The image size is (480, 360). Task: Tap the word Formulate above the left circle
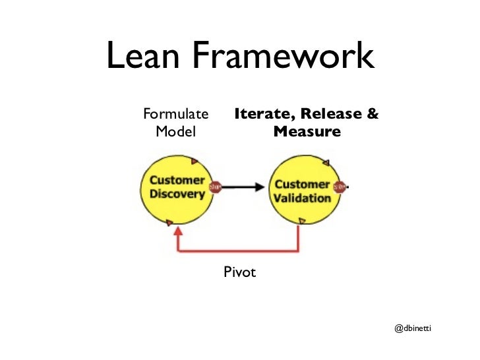tap(175, 115)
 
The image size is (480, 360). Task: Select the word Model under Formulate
tap(175, 132)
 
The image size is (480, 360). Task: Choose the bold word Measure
tap(307, 132)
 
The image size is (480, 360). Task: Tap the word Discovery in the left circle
tap(177, 194)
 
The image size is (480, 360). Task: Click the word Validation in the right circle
tap(302, 198)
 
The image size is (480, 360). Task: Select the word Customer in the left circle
tap(176, 181)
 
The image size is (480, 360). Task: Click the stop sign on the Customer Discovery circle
tap(214, 187)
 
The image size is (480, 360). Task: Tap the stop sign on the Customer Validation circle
tap(340, 187)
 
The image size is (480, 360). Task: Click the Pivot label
tap(239, 272)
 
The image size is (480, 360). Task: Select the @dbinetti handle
tap(412, 328)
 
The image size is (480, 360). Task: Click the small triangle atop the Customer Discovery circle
tap(194, 160)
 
